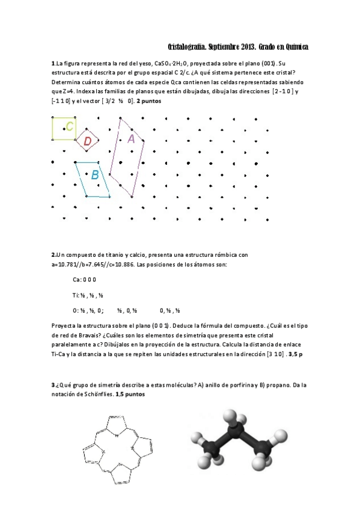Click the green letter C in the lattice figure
click(x=70, y=126)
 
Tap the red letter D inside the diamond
click(x=88, y=141)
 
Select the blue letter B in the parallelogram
click(x=95, y=176)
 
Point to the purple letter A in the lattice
click(x=132, y=138)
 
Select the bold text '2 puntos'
click(x=149, y=101)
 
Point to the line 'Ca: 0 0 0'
click(x=85, y=280)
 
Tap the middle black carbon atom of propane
click(x=239, y=432)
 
